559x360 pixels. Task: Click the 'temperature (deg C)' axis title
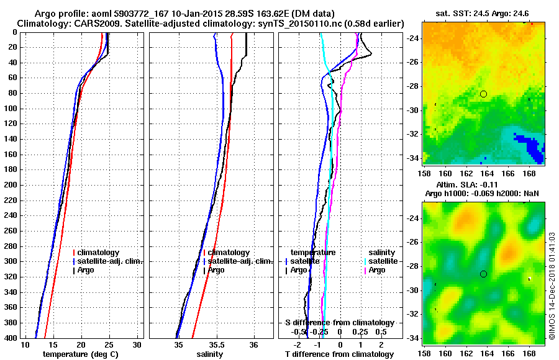point(81,354)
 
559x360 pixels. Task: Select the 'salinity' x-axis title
point(210,354)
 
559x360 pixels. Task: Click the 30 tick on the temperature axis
point(137,344)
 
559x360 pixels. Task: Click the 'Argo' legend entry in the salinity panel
point(216,270)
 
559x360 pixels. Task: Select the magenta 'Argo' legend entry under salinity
point(377,270)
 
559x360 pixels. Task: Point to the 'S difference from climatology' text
point(339,323)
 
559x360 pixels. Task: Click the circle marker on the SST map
point(483,94)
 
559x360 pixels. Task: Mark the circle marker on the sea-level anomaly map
point(483,274)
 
